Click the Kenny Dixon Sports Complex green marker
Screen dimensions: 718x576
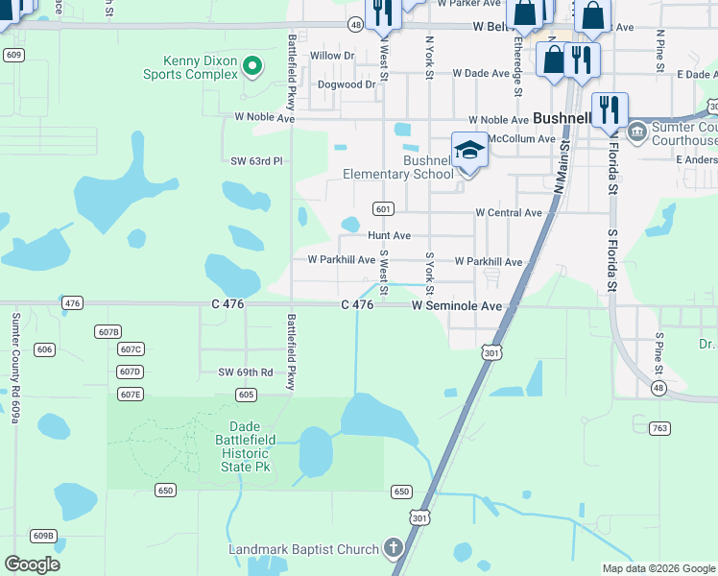[251, 66]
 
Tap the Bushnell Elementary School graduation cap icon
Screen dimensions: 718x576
[467, 151]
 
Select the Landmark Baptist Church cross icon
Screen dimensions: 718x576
[392, 549]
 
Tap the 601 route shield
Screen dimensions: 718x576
[383, 209]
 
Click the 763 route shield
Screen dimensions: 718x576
[658, 428]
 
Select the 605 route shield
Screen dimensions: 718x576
[246, 395]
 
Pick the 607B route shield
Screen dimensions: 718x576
[108, 331]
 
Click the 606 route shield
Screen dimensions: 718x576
[45, 349]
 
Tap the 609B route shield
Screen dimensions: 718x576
[43, 536]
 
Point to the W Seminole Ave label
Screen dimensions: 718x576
[457, 305]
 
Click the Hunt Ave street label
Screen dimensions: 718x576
[389, 235]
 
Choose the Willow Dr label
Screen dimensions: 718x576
[332, 56]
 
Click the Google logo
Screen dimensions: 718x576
[32, 564]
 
